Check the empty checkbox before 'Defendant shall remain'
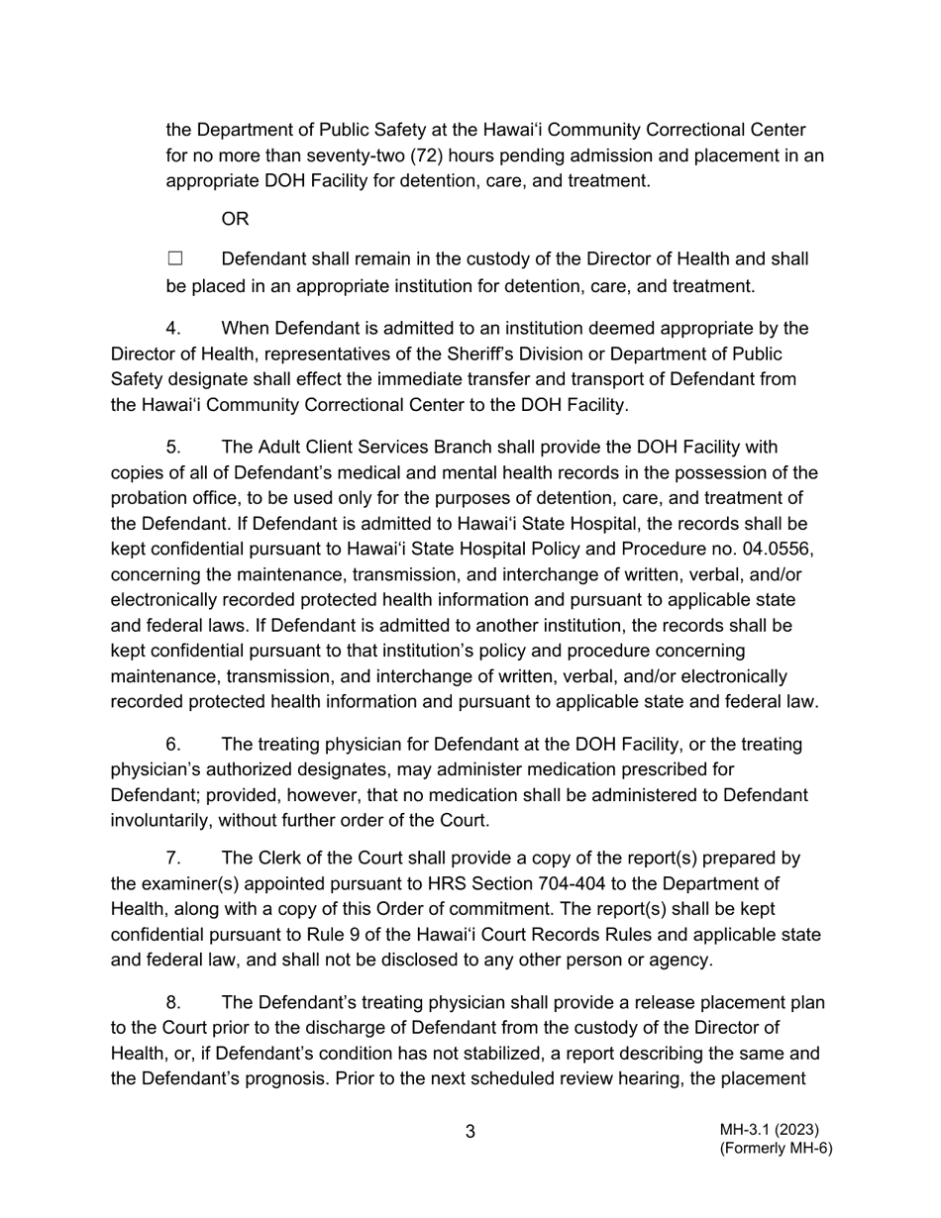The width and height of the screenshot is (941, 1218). (x=175, y=259)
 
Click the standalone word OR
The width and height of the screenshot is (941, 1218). (x=235, y=219)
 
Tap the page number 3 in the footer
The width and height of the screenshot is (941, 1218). (x=470, y=1132)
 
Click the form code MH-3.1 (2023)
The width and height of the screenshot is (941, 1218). (x=770, y=1130)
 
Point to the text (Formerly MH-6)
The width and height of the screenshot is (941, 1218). (x=776, y=1149)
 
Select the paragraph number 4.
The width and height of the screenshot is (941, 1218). (x=173, y=329)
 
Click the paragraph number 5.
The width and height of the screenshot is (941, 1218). (x=173, y=448)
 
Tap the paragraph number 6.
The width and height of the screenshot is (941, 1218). (x=173, y=745)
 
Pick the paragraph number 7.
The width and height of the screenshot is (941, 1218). (x=173, y=859)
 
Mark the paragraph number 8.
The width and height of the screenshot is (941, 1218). (x=173, y=1002)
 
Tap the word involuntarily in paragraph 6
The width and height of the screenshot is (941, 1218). (x=158, y=821)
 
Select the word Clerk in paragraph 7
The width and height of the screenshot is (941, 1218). (x=281, y=859)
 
